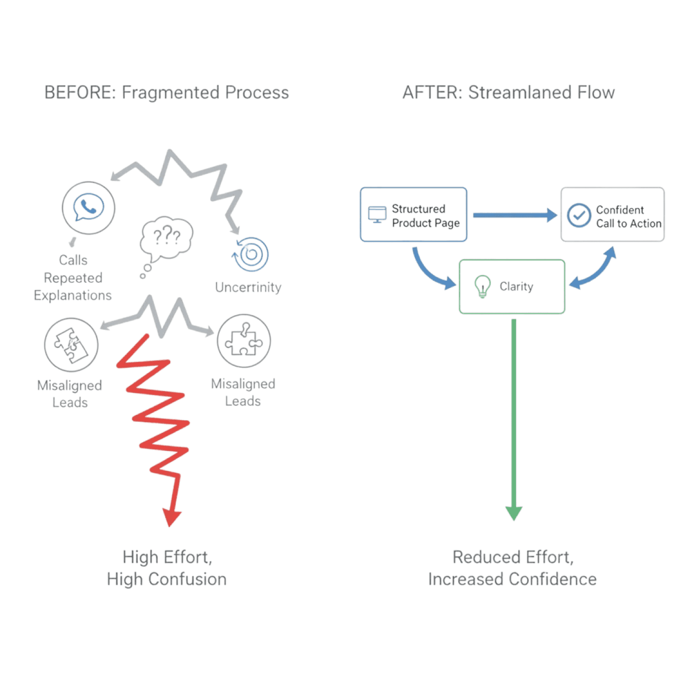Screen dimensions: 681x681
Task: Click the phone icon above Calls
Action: click(89, 208)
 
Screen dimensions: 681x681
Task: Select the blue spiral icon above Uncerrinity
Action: click(251, 254)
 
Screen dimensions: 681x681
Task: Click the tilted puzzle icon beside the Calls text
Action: click(72, 345)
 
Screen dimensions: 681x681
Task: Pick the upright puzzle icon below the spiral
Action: click(244, 340)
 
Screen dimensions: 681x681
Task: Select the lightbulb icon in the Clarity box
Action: click(482, 286)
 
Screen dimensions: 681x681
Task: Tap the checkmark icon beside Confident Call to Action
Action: click(579, 215)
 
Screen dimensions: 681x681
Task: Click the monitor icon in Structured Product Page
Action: click(377, 214)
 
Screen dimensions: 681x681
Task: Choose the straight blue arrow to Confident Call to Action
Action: click(514, 215)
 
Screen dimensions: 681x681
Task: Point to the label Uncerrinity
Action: click(248, 287)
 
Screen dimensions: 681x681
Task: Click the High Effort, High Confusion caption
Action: click(167, 568)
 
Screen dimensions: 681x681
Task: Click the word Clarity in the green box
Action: click(516, 287)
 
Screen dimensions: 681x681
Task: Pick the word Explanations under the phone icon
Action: click(72, 295)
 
